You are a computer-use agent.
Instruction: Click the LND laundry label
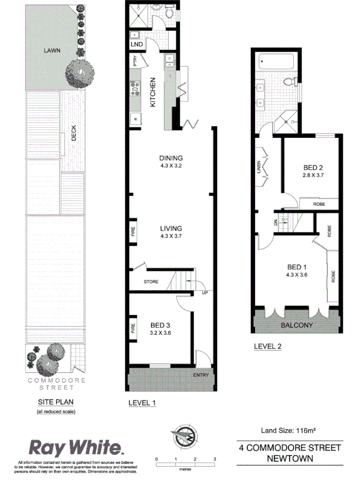point(136,44)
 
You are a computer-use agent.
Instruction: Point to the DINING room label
point(171,157)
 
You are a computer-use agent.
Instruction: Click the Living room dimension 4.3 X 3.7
point(171,236)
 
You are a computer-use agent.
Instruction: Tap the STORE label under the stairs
point(151,282)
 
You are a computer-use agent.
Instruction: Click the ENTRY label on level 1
point(201,375)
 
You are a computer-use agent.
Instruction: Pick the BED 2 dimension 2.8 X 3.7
point(313,175)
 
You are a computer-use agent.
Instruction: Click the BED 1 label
point(296,266)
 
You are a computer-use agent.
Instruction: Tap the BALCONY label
point(295,325)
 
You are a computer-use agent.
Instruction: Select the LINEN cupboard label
point(259,167)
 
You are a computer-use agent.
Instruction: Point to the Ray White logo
point(75,447)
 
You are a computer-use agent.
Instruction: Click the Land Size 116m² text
point(289,430)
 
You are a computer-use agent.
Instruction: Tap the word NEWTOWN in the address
point(289,459)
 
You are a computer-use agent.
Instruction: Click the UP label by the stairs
point(205,293)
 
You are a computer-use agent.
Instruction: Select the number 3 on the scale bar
point(215,459)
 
